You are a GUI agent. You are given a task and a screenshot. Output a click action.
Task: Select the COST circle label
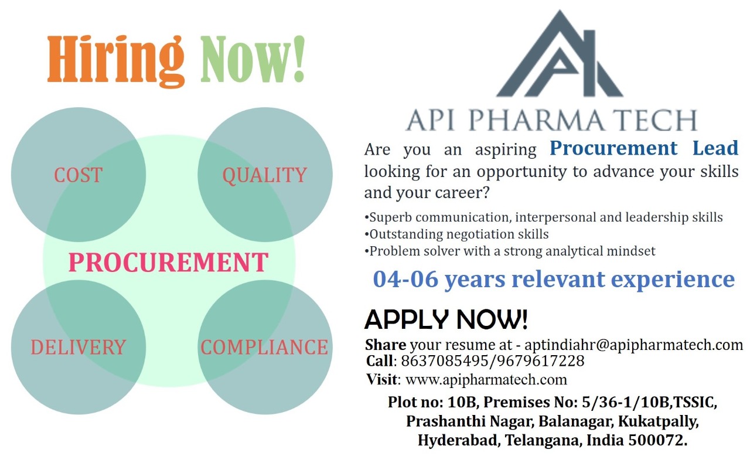tap(78, 175)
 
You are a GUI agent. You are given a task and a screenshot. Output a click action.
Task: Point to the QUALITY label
tap(264, 175)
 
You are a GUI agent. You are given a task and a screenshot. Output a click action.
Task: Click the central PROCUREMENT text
tap(168, 262)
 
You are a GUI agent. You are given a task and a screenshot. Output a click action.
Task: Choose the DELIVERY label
tap(78, 347)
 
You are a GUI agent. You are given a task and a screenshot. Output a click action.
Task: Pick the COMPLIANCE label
tap(264, 347)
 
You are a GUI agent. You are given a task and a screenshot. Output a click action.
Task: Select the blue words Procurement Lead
tap(644, 148)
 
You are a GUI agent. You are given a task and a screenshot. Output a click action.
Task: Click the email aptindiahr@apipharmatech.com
tap(633, 344)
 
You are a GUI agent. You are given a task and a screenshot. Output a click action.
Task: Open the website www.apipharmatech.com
tap(486, 379)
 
